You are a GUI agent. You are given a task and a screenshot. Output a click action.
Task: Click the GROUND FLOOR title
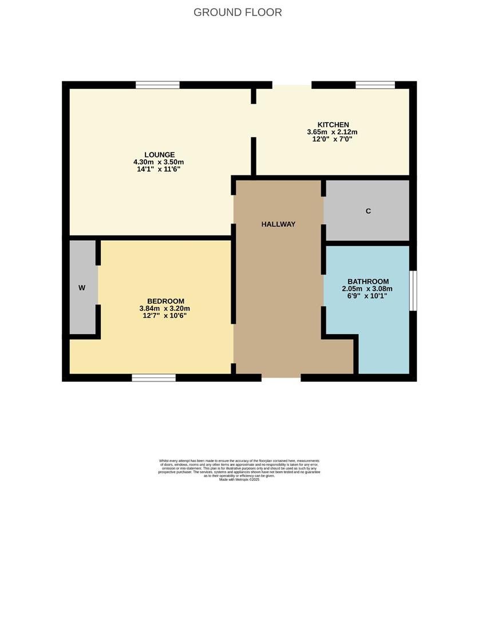tap(238, 12)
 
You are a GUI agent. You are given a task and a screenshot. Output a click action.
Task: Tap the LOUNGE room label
tap(159, 155)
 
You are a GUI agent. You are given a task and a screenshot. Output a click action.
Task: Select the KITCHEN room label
tap(333, 125)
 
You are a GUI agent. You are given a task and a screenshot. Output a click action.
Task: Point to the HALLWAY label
tap(278, 224)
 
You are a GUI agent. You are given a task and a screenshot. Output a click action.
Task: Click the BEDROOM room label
tap(165, 301)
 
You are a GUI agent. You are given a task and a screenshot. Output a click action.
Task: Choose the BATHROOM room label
tap(368, 281)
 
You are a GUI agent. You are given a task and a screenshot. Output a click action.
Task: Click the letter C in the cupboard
tap(368, 211)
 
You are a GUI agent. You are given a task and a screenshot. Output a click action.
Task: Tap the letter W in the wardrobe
tap(82, 288)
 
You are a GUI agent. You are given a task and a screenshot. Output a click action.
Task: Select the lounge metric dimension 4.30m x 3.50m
tap(159, 162)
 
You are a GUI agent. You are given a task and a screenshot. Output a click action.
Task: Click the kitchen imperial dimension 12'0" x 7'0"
tap(333, 139)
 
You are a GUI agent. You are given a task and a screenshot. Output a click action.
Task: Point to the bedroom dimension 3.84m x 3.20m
tap(165, 308)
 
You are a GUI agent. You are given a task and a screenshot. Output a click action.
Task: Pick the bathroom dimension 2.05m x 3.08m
tap(368, 289)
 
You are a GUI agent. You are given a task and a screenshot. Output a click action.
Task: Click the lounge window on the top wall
tap(157, 85)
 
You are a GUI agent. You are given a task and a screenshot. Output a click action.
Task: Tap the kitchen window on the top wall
tap(375, 85)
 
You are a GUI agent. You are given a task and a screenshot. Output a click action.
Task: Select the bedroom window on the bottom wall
tap(153, 378)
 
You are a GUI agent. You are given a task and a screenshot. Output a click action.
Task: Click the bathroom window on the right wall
tap(413, 291)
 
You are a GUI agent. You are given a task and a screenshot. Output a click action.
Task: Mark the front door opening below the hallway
tap(281, 378)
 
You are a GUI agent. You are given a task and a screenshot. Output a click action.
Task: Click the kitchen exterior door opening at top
tap(283, 85)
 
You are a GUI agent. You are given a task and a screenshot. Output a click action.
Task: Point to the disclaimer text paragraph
tap(239, 469)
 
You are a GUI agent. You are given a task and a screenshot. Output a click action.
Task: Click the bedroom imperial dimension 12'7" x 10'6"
tap(165, 315)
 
